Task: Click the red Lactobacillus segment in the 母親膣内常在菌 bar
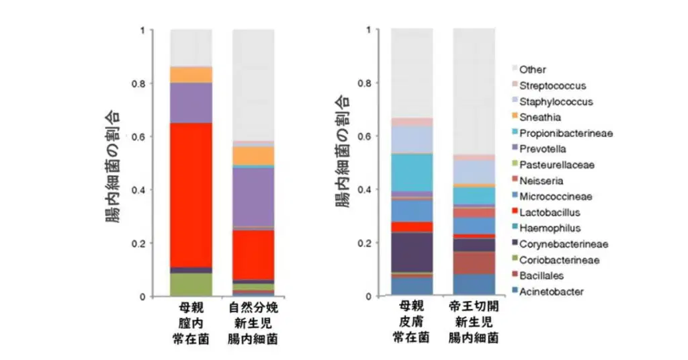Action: click(x=191, y=194)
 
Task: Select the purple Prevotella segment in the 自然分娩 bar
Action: click(x=253, y=197)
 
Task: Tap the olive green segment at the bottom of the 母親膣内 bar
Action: click(x=191, y=284)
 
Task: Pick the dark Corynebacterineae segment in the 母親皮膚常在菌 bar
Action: click(x=412, y=252)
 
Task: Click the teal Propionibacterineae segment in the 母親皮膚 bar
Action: click(x=412, y=172)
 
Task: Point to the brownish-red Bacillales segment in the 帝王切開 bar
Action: click(x=474, y=263)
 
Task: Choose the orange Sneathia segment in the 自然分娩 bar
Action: click(x=253, y=155)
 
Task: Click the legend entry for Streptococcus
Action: click(x=552, y=86)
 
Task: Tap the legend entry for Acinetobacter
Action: click(x=551, y=292)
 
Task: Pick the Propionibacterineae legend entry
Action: click(x=565, y=134)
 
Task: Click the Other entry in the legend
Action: click(x=532, y=70)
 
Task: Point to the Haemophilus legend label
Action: click(x=550, y=229)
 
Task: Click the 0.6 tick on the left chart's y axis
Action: click(x=153, y=137)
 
